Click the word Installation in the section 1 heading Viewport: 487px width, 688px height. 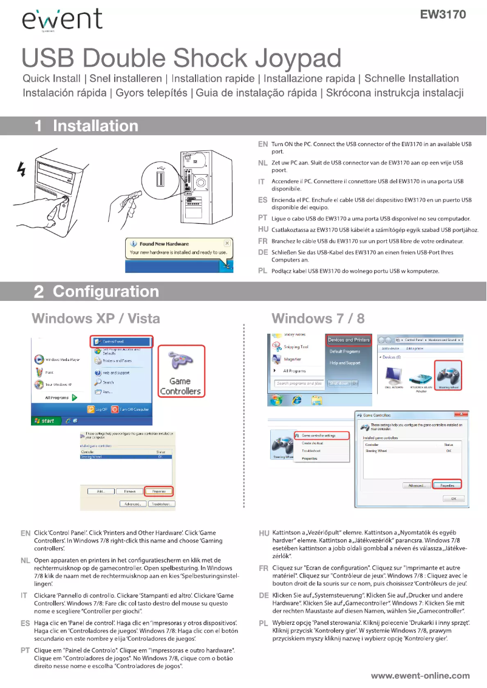click(95, 126)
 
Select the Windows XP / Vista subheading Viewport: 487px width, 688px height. click(95, 318)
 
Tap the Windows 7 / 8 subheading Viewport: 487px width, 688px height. click(318, 318)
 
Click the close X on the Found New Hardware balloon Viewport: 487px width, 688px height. click(226, 243)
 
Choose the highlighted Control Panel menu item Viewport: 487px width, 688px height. click(122, 342)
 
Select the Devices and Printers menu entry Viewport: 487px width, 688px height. click(349, 340)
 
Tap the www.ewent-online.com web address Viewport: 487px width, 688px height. click(420, 675)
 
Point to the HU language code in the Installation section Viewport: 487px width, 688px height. click(263, 229)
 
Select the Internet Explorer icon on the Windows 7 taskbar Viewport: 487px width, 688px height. click(298, 400)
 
